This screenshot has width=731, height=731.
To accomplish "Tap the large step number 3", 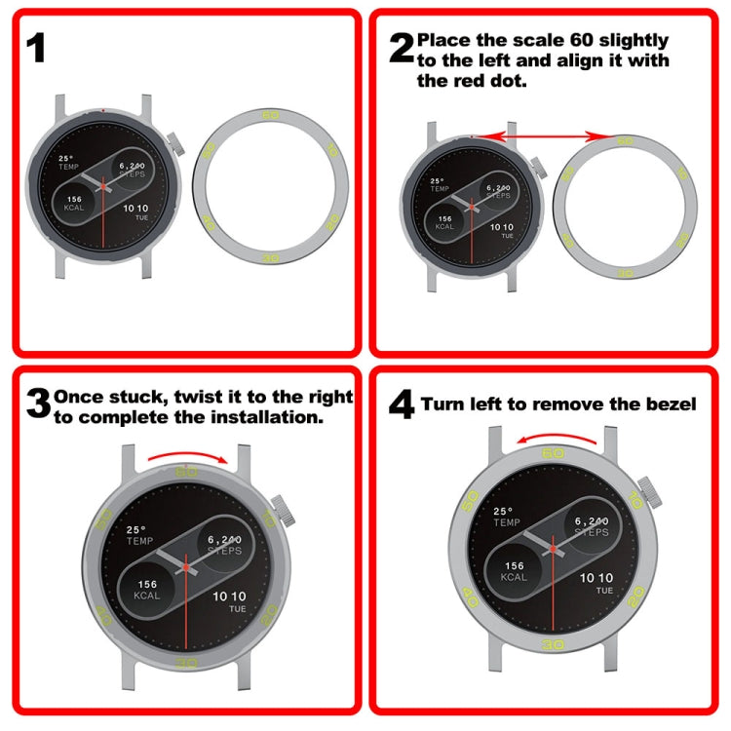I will tap(37, 403).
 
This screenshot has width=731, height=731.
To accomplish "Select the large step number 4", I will tap(401, 404).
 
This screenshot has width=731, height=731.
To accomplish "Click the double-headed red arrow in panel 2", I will tap(548, 137).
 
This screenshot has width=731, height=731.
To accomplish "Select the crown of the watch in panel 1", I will tap(177, 142).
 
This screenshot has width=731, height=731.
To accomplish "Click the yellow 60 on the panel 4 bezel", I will tap(553, 453).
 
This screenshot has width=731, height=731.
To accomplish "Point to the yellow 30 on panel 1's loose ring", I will tap(271, 258).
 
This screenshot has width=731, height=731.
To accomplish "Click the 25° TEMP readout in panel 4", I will tap(505, 517).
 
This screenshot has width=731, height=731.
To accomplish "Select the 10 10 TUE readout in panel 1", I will tap(135, 212).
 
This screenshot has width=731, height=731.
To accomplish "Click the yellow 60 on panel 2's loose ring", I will tap(624, 140).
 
